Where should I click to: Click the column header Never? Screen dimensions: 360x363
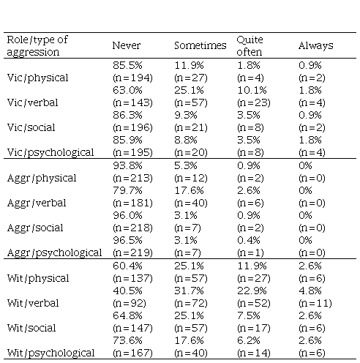click(x=127, y=45)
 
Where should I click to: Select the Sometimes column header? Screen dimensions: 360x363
click(x=200, y=45)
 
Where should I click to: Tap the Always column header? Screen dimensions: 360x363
click(x=316, y=45)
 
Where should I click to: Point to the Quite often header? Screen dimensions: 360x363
click(x=250, y=45)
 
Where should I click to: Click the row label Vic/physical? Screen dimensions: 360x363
click(x=37, y=78)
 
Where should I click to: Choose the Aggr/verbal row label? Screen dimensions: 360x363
click(x=37, y=203)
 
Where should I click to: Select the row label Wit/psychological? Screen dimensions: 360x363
click(x=50, y=353)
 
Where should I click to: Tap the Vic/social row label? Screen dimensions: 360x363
click(x=31, y=127)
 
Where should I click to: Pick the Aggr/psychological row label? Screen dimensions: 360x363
click(x=54, y=252)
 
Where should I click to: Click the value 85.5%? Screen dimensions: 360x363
click(x=127, y=65)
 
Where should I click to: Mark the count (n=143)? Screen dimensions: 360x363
click(x=132, y=102)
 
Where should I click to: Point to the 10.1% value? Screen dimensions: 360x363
click(x=252, y=90)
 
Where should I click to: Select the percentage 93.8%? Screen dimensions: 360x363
click(x=127, y=165)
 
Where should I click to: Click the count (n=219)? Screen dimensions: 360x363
click(x=132, y=252)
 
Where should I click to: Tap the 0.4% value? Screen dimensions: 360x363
click(x=249, y=240)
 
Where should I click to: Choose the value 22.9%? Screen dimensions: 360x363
click(x=252, y=291)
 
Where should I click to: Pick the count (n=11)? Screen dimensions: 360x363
click(x=315, y=303)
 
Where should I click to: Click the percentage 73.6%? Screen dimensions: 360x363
click(x=127, y=340)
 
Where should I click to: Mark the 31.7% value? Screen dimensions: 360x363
click(x=189, y=291)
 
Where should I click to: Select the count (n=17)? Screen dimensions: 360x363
click(x=254, y=328)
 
